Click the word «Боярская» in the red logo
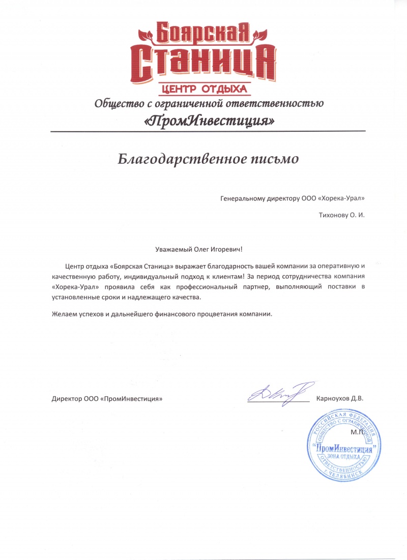coord(203,33)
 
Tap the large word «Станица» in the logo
coord(203,62)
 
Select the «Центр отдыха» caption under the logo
coord(203,89)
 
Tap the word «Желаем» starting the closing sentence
coord(63,314)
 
